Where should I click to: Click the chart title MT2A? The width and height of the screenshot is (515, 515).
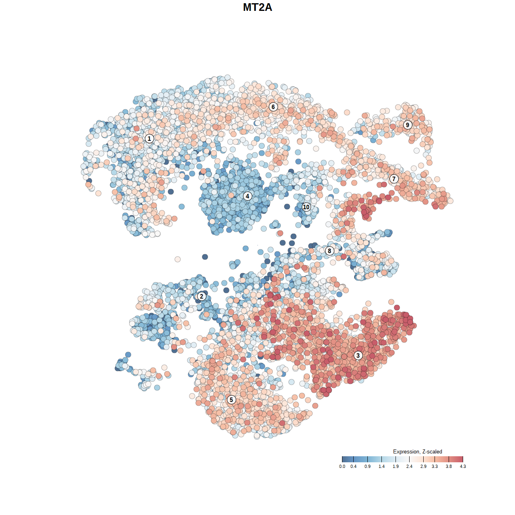tap(257, 7)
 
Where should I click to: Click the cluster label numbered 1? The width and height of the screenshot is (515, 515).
tap(149, 138)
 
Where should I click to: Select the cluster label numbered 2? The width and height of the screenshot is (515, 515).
tap(201, 297)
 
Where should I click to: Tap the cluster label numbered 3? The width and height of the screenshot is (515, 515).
tap(358, 355)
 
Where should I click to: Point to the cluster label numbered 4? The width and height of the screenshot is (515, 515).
tap(247, 196)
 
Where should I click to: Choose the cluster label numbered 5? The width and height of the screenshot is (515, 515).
tap(231, 400)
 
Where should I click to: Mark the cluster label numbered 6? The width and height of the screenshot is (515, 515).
tap(273, 107)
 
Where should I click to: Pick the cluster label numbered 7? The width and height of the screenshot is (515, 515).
tap(394, 179)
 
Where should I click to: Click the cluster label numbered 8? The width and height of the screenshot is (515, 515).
tap(330, 251)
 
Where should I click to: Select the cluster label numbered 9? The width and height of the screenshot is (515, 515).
tap(408, 125)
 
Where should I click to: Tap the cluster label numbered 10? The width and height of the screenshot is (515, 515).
tap(306, 207)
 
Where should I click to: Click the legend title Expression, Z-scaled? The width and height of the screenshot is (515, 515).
tap(417, 451)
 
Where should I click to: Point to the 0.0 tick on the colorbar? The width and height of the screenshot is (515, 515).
tap(342, 459)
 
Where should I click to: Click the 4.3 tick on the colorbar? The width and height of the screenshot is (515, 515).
tap(463, 459)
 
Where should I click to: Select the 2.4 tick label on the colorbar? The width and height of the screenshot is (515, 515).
tap(409, 466)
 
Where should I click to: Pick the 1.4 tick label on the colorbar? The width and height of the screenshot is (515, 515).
tap(381, 466)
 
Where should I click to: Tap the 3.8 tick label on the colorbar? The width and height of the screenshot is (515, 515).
tap(449, 466)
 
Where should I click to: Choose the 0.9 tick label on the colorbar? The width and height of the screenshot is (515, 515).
tap(367, 466)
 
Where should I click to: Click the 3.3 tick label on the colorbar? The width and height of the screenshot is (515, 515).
tap(435, 466)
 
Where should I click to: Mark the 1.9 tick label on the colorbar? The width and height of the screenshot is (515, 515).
tap(396, 466)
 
